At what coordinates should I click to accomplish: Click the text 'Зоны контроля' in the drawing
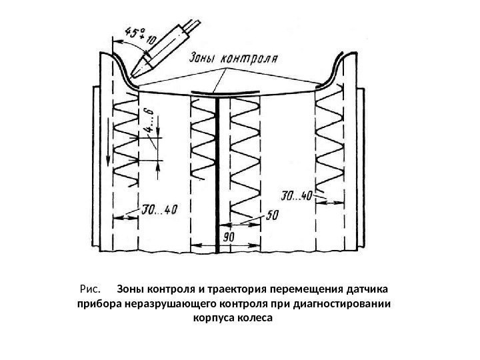229,57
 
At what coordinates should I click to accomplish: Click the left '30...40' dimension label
160,211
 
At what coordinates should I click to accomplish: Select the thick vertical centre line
218,173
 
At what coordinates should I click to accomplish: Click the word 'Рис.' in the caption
89,290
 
